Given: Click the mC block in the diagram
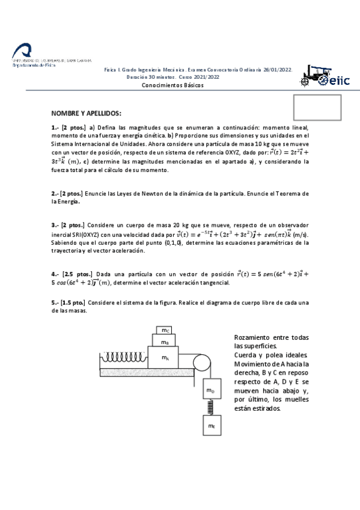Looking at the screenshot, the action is (165, 330).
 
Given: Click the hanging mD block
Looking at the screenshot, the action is (210, 390).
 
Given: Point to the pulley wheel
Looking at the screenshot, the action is (200, 363).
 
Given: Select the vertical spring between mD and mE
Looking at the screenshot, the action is (210, 407).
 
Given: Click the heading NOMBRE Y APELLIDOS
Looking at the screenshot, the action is (86, 114).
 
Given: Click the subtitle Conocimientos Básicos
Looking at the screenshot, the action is (172, 85).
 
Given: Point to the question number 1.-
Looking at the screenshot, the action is (55, 127).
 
